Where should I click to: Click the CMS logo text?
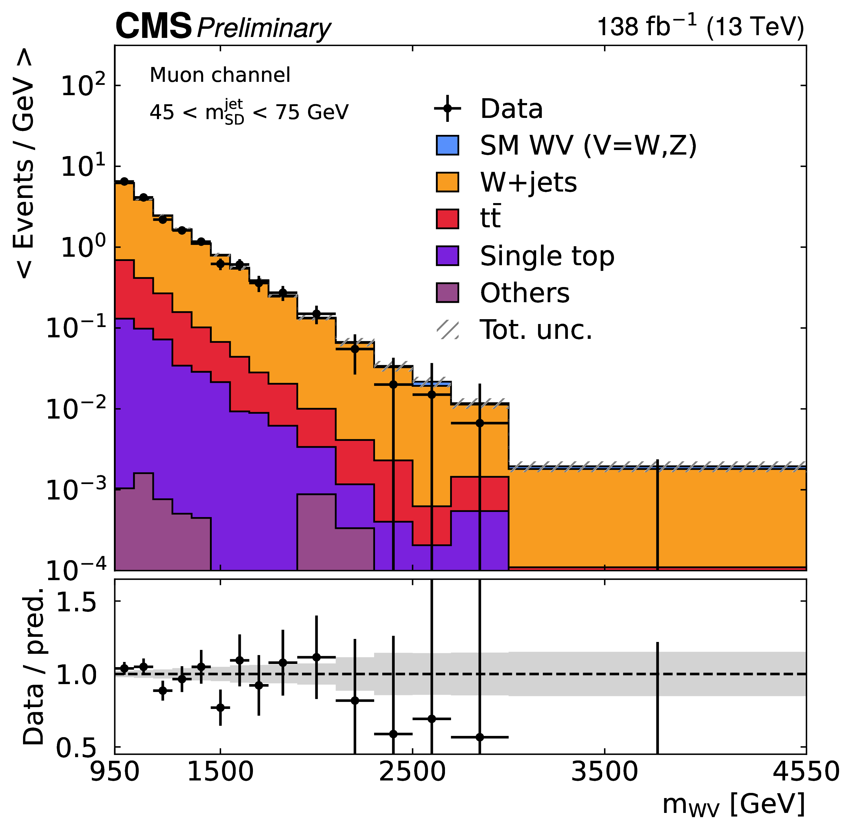pyautogui.click(x=154, y=26)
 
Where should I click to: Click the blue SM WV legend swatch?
pyautogui.click(x=447, y=145)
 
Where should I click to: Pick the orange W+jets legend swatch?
pyautogui.click(x=447, y=182)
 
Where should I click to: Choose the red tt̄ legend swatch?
pyautogui.click(x=447, y=219)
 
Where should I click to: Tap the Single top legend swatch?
pyautogui.click(x=447, y=256)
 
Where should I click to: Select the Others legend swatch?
pyautogui.click(x=447, y=292)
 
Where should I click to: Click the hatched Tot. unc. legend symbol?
pyautogui.click(x=447, y=329)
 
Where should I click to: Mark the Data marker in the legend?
pyautogui.click(x=447, y=109)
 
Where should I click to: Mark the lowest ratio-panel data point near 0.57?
pyautogui.click(x=480, y=737)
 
